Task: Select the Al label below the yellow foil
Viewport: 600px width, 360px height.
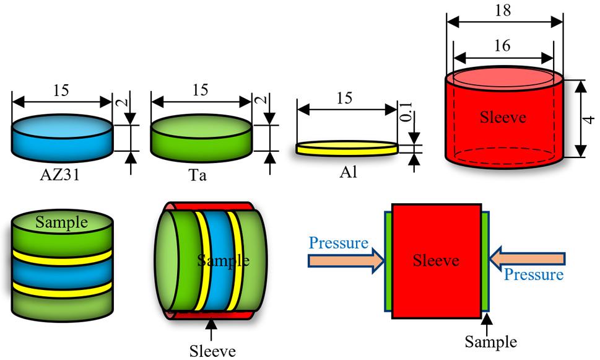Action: click(347, 171)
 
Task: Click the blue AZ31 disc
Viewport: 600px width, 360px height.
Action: click(63, 138)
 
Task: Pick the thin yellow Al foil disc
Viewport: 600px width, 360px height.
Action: click(347, 148)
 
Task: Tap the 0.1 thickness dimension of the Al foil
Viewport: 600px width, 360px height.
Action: click(408, 116)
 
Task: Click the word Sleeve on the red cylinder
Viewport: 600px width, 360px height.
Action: click(502, 116)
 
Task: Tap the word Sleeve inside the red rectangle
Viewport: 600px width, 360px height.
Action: click(436, 260)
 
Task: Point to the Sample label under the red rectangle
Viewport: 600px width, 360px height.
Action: click(490, 341)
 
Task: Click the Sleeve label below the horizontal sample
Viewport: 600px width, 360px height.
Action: click(212, 351)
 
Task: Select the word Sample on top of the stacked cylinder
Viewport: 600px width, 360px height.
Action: click(62, 222)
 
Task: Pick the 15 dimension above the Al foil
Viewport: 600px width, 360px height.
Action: click(346, 97)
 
